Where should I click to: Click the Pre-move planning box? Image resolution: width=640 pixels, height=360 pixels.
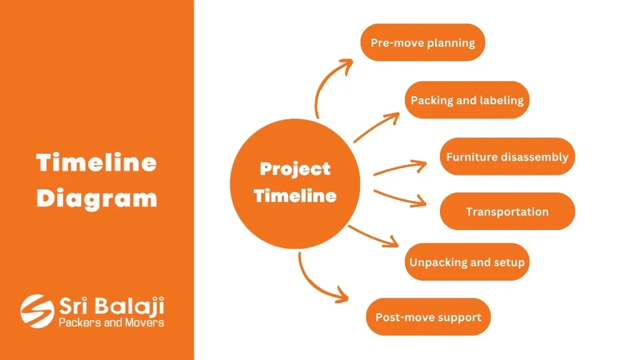(x=422, y=42)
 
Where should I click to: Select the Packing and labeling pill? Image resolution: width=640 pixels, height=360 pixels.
(x=467, y=100)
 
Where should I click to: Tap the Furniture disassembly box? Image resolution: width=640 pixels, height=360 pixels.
(x=507, y=156)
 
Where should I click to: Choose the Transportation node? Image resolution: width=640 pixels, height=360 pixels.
(x=507, y=211)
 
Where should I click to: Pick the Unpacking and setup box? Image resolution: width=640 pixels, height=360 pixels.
(x=467, y=262)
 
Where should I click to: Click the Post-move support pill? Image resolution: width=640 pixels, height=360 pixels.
(x=428, y=317)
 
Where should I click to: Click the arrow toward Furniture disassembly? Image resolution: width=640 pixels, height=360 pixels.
(x=400, y=167)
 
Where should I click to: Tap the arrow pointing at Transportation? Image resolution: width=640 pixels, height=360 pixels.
(x=400, y=198)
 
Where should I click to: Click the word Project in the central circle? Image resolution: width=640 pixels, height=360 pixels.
(x=295, y=169)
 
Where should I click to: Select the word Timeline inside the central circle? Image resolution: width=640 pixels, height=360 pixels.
(x=295, y=196)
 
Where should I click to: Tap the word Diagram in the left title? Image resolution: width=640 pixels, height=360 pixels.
(x=97, y=199)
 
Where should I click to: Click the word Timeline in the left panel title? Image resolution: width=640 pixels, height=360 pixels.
(x=97, y=162)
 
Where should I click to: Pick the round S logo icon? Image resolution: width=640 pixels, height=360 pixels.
(x=37, y=311)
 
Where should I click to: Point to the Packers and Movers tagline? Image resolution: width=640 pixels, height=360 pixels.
(x=111, y=323)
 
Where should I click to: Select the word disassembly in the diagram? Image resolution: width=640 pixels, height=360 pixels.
(x=535, y=157)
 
